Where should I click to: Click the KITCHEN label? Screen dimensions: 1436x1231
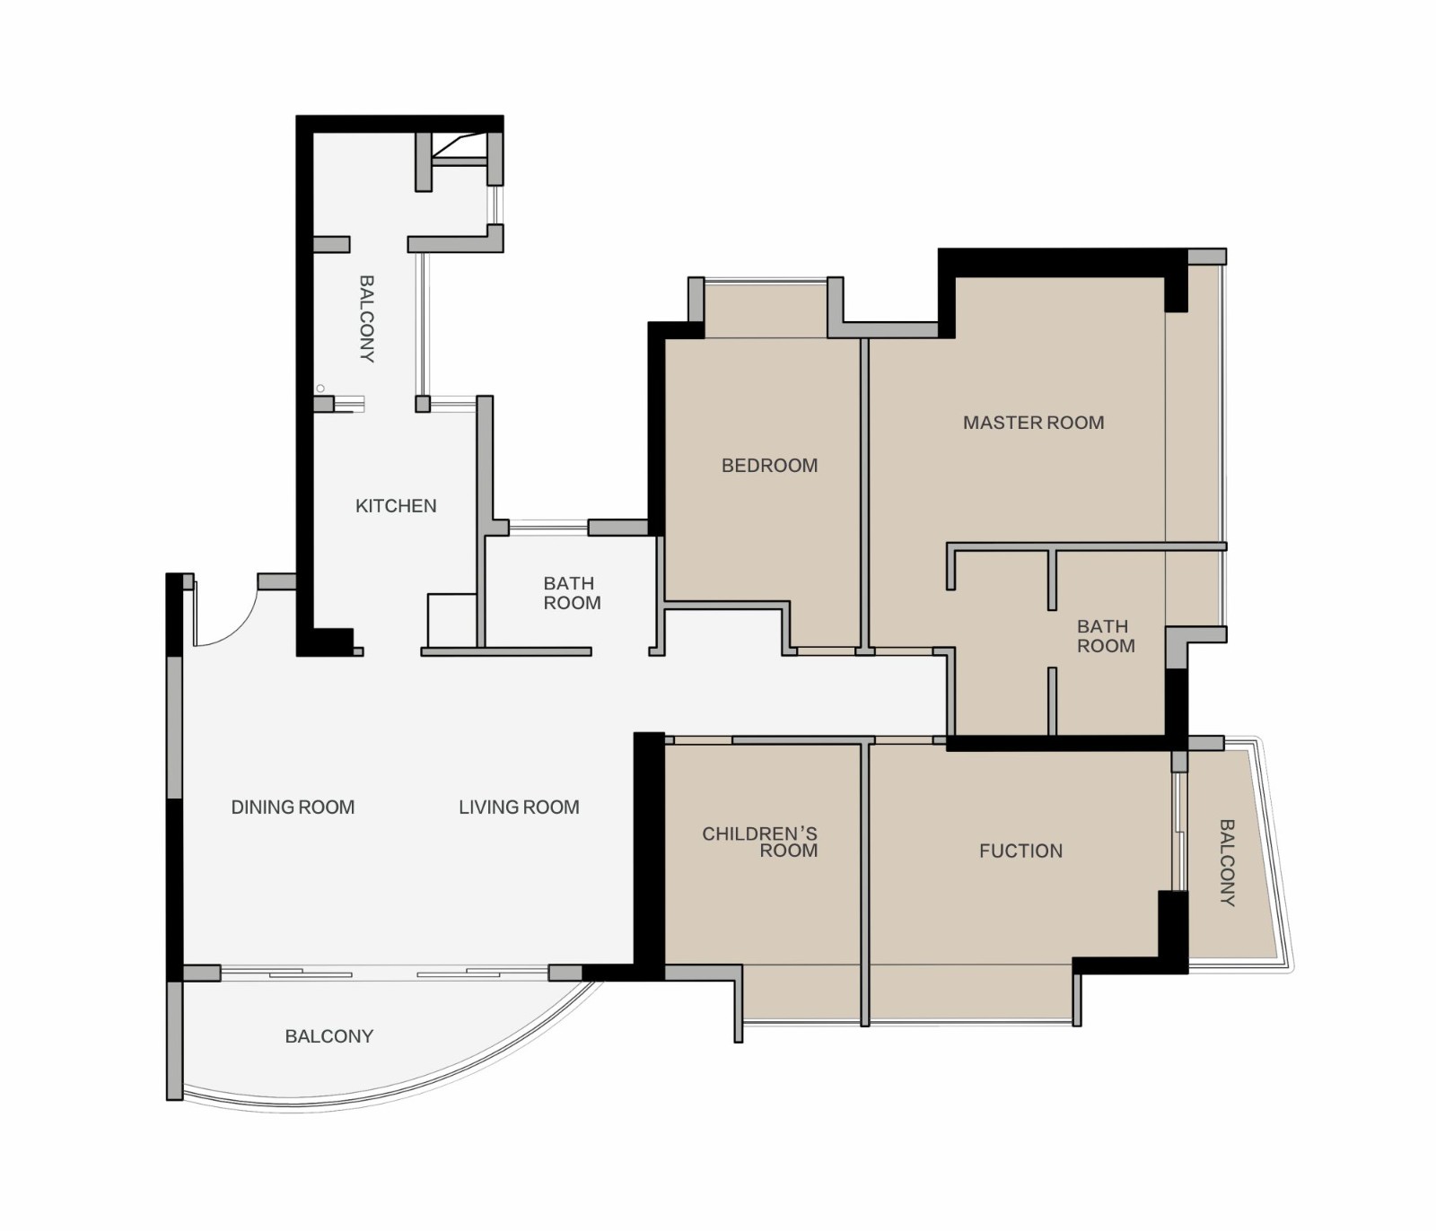(396, 506)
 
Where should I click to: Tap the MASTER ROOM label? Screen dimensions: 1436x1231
(1034, 423)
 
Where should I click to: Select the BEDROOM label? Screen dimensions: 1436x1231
(770, 466)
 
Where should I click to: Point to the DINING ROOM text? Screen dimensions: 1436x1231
(293, 808)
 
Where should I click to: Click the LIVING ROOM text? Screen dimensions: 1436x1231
(519, 808)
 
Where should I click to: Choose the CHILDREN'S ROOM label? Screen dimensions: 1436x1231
(760, 842)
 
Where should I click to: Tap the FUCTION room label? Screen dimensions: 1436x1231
(1021, 851)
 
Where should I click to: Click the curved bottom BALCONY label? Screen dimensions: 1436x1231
(329, 1036)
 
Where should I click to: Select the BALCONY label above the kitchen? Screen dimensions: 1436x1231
(366, 319)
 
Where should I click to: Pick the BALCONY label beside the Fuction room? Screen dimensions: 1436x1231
(1227, 862)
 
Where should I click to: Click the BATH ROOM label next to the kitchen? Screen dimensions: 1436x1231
(572, 593)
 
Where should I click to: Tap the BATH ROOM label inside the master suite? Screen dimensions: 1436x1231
(1106, 636)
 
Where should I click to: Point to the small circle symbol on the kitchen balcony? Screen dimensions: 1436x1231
(320, 389)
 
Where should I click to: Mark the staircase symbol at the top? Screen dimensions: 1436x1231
(460, 149)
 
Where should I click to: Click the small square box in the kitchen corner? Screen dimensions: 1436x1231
(452, 620)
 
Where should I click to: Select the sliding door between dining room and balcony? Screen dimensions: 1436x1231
(384, 973)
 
